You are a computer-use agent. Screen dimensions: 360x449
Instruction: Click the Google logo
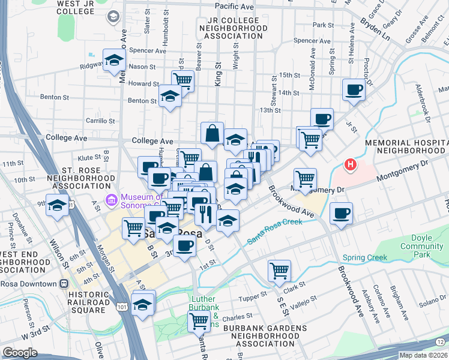pos(20,353)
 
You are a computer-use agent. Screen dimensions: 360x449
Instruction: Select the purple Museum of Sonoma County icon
pos(110,200)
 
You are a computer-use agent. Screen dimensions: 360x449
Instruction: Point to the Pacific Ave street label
pos(234,6)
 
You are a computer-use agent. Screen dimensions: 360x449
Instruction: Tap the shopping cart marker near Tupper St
pos(279,271)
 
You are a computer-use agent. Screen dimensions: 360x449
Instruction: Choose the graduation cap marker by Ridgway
pos(113,60)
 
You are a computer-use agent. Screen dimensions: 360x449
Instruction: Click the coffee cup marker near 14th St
pos(354,90)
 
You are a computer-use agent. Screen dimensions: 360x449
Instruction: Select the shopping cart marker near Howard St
pos(182,80)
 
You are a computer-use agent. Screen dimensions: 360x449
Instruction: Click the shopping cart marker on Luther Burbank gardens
pos(199,320)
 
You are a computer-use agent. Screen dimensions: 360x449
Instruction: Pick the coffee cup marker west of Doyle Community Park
pos(341,214)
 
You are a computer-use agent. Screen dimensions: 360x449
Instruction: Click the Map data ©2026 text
pos(423,355)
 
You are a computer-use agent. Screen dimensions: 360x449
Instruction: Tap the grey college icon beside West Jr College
pos(112,17)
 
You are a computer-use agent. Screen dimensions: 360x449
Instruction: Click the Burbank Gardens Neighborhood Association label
pos(265,337)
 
